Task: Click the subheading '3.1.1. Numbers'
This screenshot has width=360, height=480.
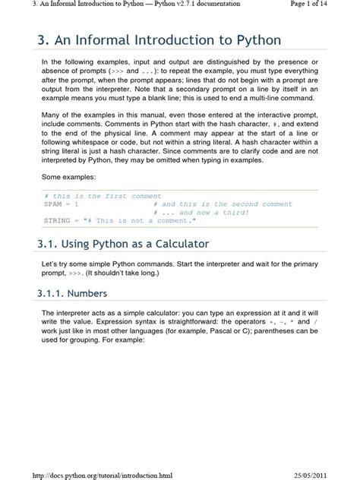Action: (x=72, y=293)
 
